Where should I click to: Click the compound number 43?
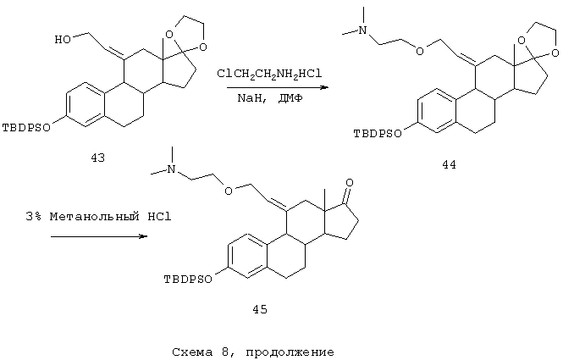point(97,158)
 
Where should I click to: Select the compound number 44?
point(450,164)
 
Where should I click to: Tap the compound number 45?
point(260,309)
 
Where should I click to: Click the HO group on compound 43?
point(63,39)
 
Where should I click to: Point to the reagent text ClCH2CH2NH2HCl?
point(269,74)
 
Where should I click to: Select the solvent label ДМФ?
point(290,98)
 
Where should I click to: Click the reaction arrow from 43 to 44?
point(278,87)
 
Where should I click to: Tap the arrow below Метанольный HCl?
point(99,236)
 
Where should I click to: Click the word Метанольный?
point(95,217)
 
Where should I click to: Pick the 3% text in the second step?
point(34,217)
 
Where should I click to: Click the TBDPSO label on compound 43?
point(26,128)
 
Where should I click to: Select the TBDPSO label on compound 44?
point(378,134)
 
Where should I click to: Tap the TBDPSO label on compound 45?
point(188,280)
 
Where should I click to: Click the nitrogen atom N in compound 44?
point(363,30)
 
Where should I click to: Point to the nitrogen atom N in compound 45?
point(173,169)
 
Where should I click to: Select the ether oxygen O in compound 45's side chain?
point(228,190)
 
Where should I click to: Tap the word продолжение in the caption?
point(290,352)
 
